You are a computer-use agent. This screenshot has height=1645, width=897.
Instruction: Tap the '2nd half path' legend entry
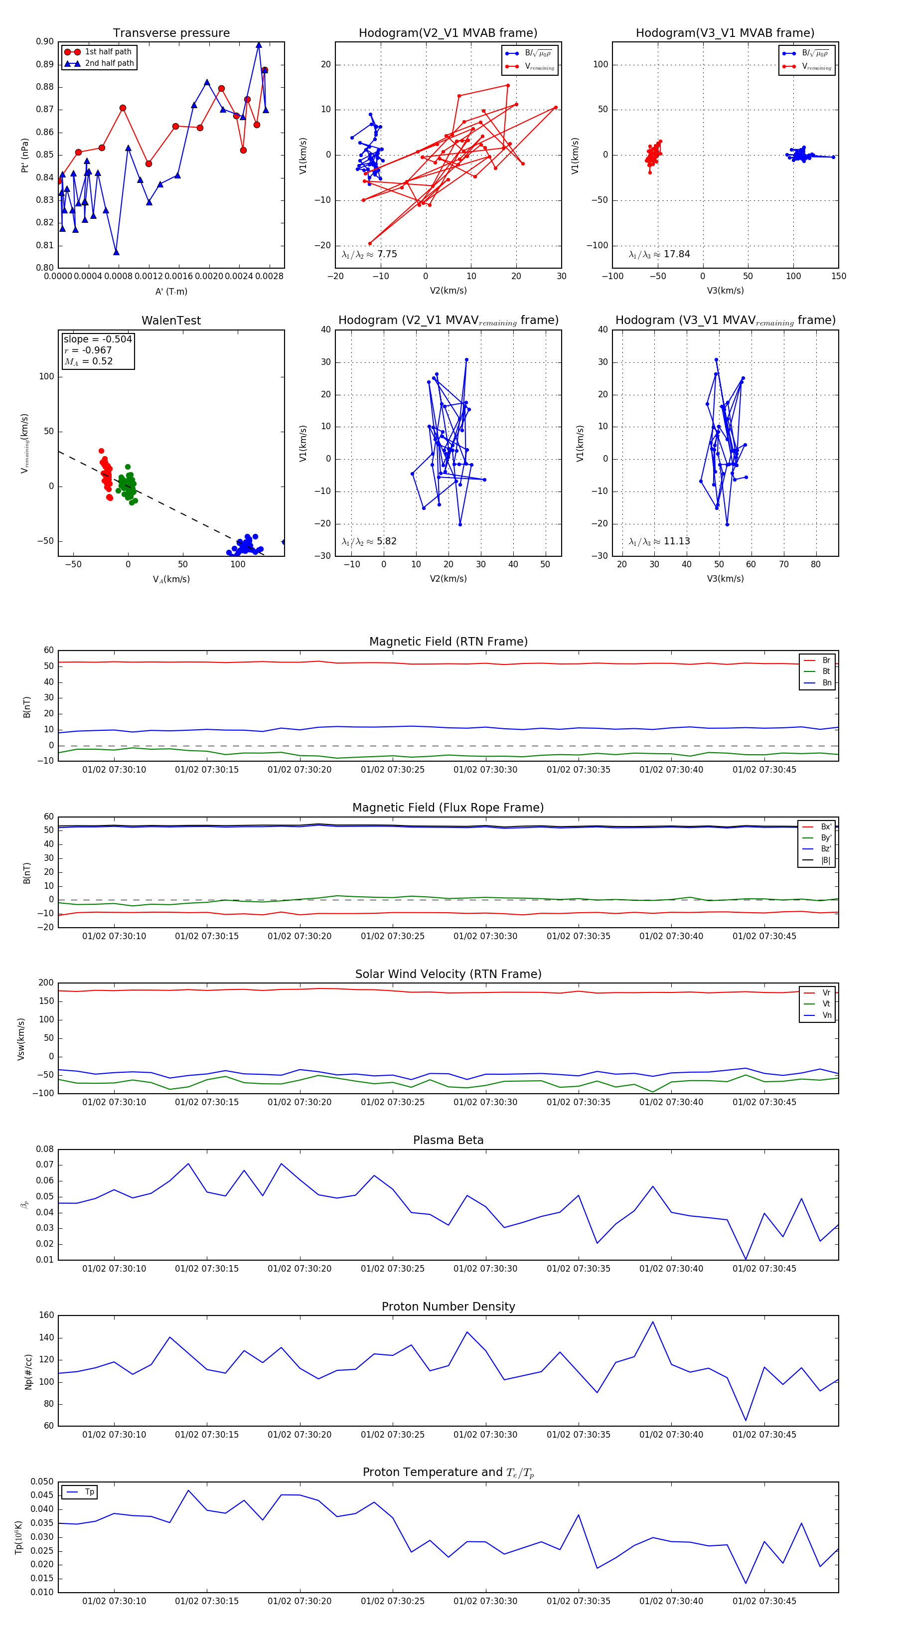coord(109,63)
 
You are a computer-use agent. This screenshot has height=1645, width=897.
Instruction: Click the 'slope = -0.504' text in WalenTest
coord(98,339)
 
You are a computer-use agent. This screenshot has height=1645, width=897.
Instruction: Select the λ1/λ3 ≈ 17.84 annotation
coord(659,254)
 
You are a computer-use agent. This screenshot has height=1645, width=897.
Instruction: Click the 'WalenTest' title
coord(171,321)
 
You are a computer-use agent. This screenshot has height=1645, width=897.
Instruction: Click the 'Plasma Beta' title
coord(448,1140)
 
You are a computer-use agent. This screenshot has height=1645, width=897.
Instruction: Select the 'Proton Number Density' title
coord(448,1307)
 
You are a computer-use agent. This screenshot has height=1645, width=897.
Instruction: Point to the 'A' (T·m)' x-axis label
coord(171,291)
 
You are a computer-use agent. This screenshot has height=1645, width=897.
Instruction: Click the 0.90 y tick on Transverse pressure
coord(45,41)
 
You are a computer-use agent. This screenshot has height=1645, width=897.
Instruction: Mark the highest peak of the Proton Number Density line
coord(652,1322)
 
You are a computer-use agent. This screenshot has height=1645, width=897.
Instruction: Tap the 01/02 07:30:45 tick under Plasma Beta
coord(764,1268)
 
